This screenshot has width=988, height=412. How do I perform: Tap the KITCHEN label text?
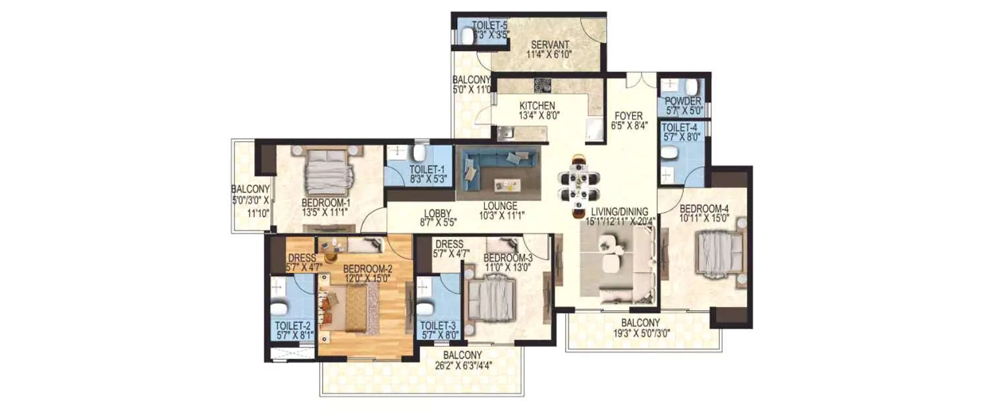tap(537, 105)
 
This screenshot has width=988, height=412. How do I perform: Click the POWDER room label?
tap(681, 101)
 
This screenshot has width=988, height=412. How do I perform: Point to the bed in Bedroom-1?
tap(327, 171)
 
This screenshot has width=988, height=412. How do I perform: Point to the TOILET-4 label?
tap(680, 127)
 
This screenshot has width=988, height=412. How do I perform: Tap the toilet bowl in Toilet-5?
tap(467, 37)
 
